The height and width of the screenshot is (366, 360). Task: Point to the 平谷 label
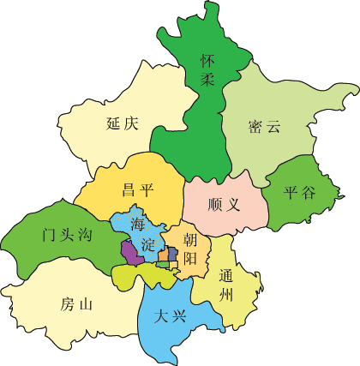point(299,192)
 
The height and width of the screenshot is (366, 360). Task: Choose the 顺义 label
point(225,206)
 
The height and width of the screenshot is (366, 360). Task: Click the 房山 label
point(76,303)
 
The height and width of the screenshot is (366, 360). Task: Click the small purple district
point(129,252)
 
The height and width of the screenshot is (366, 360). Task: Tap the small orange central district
point(163,255)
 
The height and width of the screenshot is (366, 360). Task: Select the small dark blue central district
point(173,255)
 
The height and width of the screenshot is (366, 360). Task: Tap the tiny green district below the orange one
point(163,265)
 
